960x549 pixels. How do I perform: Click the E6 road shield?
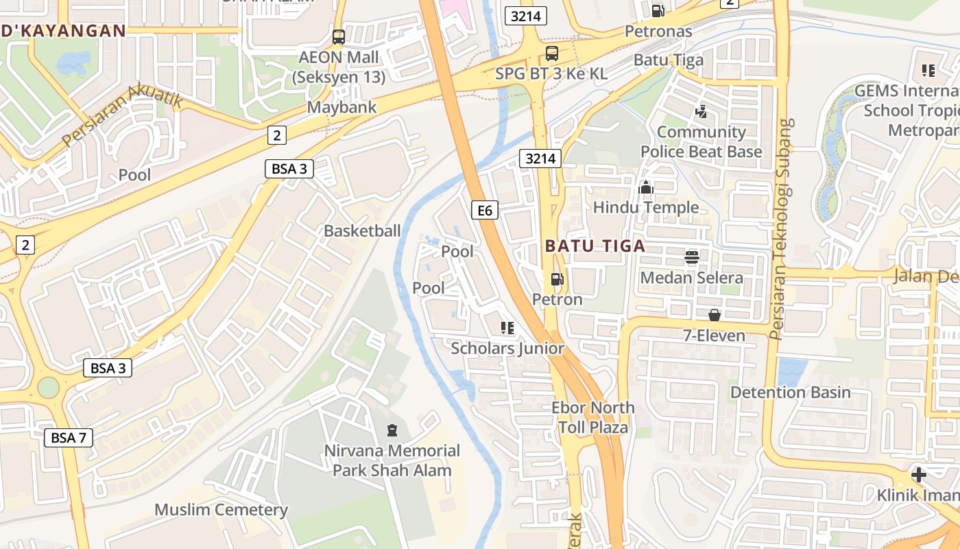click(x=485, y=210)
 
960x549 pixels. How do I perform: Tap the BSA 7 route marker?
click(x=69, y=437)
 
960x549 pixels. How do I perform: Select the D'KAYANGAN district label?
click(x=63, y=30)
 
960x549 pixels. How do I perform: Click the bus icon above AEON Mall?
click(x=338, y=37)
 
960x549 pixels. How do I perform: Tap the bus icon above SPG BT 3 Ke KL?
click(x=551, y=54)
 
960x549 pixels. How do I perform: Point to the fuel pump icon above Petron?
click(x=557, y=279)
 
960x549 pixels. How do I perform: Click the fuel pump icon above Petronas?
click(x=658, y=10)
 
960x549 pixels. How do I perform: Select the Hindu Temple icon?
click(x=646, y=187)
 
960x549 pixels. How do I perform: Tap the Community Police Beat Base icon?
click(x=701, y=111)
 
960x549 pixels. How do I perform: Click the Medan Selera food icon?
click(x=691, y=257)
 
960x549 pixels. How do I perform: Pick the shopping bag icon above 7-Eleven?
click(x=714, y=315)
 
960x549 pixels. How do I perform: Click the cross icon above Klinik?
click(x=918, y=474)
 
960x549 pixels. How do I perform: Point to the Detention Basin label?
click(x=790, y=393)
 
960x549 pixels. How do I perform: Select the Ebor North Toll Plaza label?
click(x=592, y=417)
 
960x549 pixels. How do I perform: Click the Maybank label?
click(x=341, y=107)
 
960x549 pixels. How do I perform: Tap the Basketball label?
click(x=362, y=231)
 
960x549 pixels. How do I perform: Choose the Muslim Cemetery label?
click(x=221, y=510)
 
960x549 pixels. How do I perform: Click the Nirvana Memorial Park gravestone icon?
click(x=392, y=431)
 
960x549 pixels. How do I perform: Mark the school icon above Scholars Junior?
click(x=507, y=328)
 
